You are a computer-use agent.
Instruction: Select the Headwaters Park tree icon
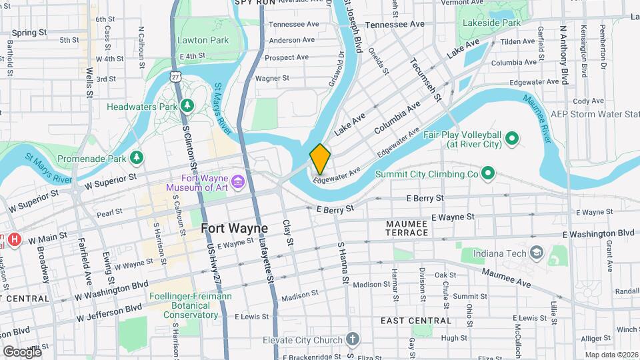188,106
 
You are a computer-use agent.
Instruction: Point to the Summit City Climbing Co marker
487,174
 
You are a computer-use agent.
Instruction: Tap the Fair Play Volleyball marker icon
512,139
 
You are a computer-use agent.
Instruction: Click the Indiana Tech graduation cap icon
537,253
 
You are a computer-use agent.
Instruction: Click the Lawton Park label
203,40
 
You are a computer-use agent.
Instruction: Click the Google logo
22,351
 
